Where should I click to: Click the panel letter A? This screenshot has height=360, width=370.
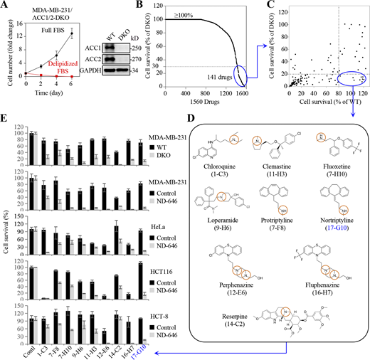tap(5, 6)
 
